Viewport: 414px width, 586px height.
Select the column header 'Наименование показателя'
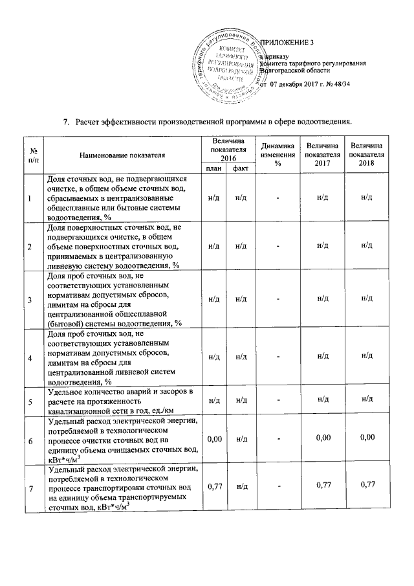122,155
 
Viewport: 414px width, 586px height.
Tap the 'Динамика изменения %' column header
278,155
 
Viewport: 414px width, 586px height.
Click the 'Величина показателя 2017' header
323,155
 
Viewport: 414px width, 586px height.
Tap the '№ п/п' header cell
31,155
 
